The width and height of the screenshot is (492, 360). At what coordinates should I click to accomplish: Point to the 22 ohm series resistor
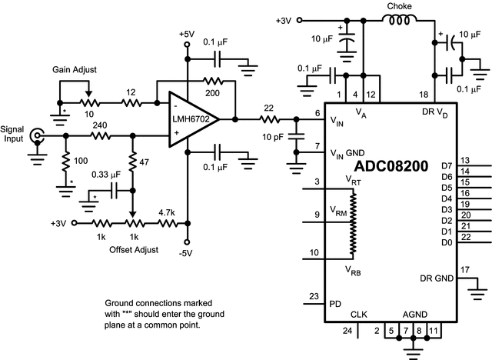[268, 119]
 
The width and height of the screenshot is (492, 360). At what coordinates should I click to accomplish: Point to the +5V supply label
[188, 35]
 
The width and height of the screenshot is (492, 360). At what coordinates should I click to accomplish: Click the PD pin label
[335, 303]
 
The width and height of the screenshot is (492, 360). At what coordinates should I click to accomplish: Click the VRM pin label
[338, 210]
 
